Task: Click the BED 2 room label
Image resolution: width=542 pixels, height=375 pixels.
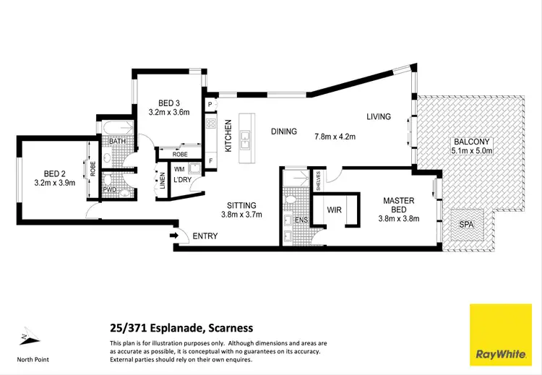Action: [x=55, y=173]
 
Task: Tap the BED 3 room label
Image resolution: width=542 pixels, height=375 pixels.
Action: [x=168, y=103]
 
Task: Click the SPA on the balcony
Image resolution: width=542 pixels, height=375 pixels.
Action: [x=467, y=225]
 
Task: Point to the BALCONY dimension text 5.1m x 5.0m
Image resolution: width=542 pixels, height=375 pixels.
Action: [x=471, y=151]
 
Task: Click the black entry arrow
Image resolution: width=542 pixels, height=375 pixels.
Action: [x=173, y=236]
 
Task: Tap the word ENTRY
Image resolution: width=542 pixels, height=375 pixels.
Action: [x=205, y=236]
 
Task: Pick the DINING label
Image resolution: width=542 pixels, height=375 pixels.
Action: [x=284, y=132]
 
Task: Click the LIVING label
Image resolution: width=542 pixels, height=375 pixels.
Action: [x=378, y=116]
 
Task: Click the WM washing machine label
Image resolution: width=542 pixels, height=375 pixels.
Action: [x=178, y=168]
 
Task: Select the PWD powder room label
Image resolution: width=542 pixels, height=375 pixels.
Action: [x=110, y=189]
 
